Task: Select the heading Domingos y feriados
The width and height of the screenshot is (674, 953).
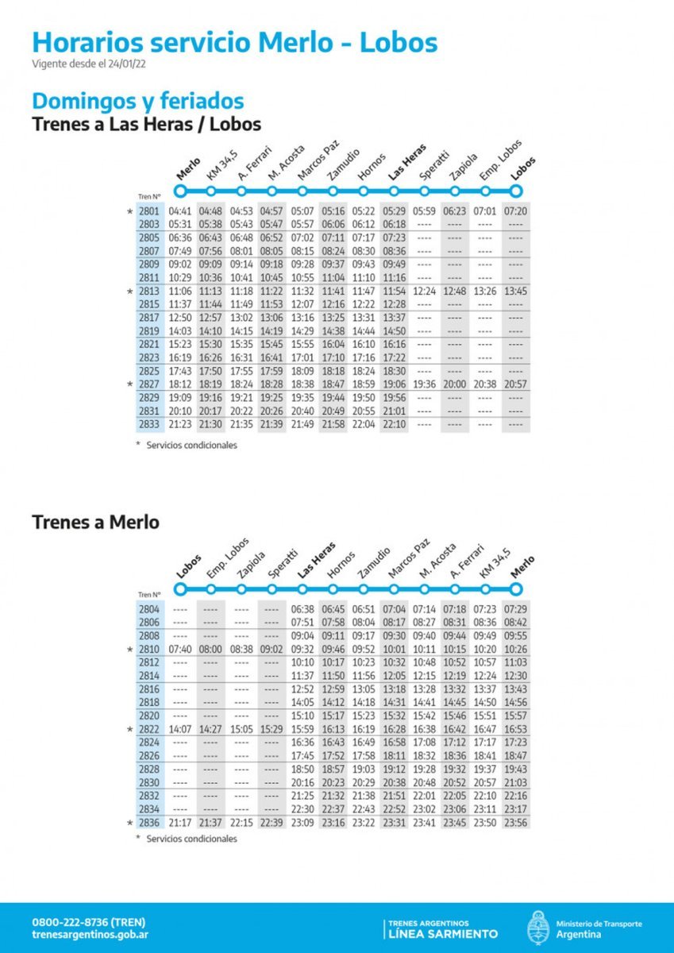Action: [137, 102]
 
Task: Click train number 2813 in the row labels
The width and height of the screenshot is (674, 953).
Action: [148, 291]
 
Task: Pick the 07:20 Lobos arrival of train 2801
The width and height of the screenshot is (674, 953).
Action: [517, 211]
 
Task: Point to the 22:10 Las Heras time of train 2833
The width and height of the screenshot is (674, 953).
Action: [394, 425]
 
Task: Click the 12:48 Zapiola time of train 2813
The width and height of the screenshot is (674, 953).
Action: [455, 291]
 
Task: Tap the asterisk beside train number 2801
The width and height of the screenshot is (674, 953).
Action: [130, 212]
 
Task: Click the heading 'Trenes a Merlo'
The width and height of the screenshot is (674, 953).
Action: [95, 523]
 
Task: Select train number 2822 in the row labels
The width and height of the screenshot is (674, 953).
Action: [148, 729]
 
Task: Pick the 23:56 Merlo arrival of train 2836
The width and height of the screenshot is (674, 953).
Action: [517, 823]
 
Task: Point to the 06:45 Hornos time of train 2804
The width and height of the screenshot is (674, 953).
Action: [333, 608]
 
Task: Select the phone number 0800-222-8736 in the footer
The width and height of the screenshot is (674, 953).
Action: [88, 922]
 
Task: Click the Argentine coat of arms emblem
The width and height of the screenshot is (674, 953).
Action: [537, 928]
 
